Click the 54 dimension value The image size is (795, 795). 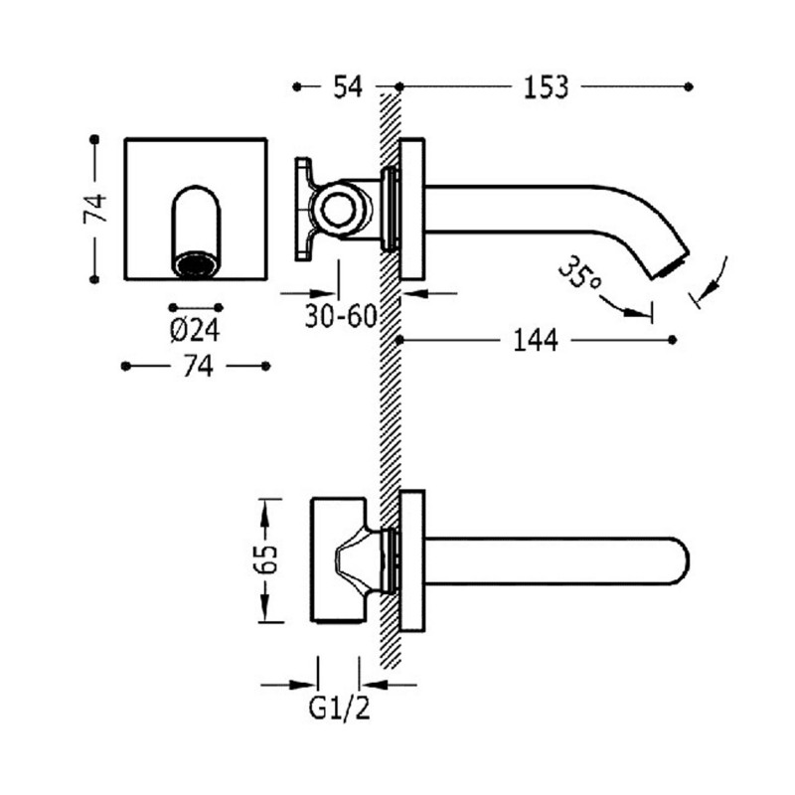(346, 87)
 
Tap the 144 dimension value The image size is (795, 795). (536, 341)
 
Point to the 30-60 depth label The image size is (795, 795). (341, 318)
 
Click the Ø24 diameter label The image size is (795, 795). (195, 329)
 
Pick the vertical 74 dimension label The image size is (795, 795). (94, 209)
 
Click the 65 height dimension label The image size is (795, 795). (265, 559)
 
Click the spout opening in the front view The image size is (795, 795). (195, 264)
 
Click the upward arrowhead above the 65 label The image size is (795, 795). (265, 509)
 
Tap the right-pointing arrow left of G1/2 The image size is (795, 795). (307, 684)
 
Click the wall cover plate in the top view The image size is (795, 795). (411, 559)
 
